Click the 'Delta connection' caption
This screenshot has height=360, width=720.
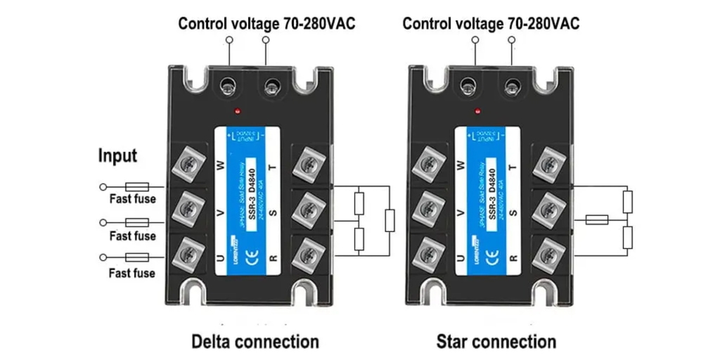click(x=255, y=342)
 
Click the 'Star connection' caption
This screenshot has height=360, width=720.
click(x=496, y=342)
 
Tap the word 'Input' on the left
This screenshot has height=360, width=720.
click(x=117, y=155)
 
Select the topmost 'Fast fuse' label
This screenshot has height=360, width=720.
click(x=132, y=199)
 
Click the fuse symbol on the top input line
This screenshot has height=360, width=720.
click(x=136, y=187)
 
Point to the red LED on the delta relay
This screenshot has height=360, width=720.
click(x=240, y=111)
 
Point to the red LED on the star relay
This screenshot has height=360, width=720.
click(x=477, y=110)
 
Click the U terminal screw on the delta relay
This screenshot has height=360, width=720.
click(x=188, y=249)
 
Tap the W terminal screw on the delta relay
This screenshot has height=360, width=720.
click(x=188, y=166)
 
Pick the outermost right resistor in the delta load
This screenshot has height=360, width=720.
click(x=390, y=220)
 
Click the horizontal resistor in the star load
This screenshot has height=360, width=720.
click(x=597, y=220)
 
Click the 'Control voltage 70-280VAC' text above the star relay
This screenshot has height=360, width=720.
click(x=491, y=24)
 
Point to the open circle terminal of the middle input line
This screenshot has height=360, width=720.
click(x=103, y=222)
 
